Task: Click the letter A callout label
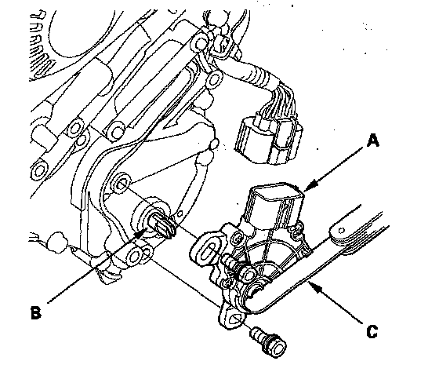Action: point(373,140)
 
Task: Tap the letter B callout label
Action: point(36,312)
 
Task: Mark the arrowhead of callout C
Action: point(314,287)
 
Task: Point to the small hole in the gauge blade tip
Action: point(341,231)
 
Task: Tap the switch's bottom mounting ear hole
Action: point(235,318)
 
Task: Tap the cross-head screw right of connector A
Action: point(298,228)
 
